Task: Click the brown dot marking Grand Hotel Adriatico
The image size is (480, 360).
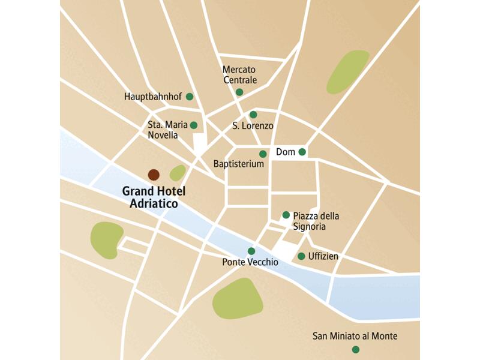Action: click(154, 175)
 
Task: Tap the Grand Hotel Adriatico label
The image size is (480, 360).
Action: click(154, 197)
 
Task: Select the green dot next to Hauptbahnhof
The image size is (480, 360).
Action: click(190, 97)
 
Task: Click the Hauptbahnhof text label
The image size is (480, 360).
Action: click(153, 97)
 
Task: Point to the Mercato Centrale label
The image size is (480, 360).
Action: click(239, 75)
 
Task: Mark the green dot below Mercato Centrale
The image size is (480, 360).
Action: click(239, 92)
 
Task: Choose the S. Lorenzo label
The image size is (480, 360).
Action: click(253, 126)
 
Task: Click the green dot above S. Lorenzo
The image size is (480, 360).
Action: click(253, 115)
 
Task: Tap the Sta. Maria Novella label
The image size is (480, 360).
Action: click(163, 130)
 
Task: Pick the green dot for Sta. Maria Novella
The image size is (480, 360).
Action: click(193, 125)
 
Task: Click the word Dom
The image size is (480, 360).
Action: click(286, 152)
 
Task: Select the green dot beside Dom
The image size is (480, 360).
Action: click(302, 152)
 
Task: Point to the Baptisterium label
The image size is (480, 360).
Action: click(239, 164)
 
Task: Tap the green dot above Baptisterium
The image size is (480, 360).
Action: click(263, 154)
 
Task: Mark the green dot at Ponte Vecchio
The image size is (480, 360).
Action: click(251, 251)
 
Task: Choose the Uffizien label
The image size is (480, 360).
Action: click(323, 257)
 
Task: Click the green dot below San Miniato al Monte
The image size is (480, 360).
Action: click(356, 349)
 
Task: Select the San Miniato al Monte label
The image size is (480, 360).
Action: click(355, 337)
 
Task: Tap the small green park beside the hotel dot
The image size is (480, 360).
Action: click(178, 173)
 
